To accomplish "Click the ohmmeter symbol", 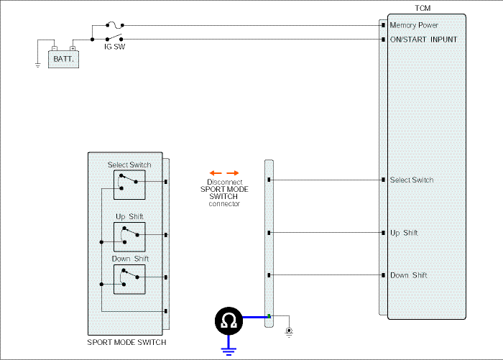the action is click(x=229, y=320).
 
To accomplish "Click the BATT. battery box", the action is click(x=63, y=59).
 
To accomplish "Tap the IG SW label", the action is click(x=114, y=47).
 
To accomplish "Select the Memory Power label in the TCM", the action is click(x=414, y=25).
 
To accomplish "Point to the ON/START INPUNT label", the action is click(x=423, y=40).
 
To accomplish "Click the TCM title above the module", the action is click(x=423, y=9).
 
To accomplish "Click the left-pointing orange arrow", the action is click(x=216, y=173).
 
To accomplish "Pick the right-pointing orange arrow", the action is click(x=233, y=173).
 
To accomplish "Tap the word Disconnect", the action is click(x=224, y=182).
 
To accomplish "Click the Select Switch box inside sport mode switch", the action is click(x=129, y=185).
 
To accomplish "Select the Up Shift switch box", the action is click(x=129, y=237).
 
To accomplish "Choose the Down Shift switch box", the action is click(x=129, y=279).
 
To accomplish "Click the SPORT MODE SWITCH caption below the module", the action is click(x=126, y=342).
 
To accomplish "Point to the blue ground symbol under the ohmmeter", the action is click(x=229, y=351).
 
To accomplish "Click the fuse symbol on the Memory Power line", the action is click(x=114, y=24).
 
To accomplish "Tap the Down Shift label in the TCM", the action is click(x=408, y=275).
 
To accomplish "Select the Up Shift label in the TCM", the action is click(x=404, y=233).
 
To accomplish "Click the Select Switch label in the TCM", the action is click(x=412, y=180).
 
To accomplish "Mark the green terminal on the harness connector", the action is click(x=269, y=316).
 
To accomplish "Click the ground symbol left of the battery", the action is click(x=38, y=65).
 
